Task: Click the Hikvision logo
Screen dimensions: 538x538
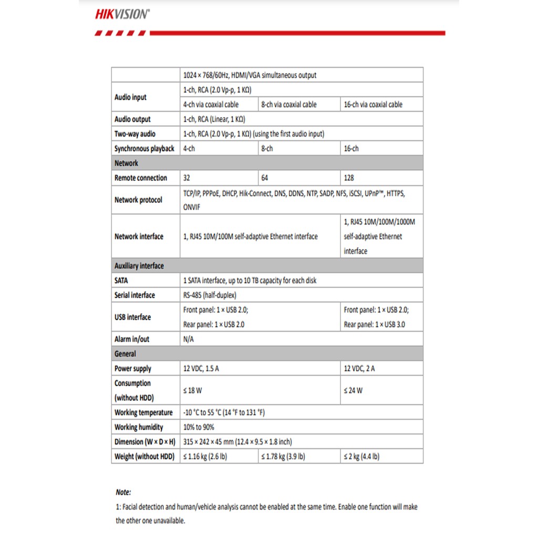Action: click(122, 14)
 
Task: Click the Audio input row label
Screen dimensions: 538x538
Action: click(131, 97)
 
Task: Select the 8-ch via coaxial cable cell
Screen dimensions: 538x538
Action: click(289, 105)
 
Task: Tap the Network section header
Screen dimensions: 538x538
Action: click(127, 163)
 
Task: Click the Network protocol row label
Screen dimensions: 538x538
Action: click(138, 200)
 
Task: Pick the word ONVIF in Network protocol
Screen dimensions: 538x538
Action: click(192, 208)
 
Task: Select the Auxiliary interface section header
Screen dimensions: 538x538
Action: click(139, 266)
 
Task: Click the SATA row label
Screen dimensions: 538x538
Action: click(121, 281)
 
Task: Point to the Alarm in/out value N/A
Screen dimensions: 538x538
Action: click(189, 339)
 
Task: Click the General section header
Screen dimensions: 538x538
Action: click(125, 354)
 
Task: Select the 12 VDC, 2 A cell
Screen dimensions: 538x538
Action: click(359, 369)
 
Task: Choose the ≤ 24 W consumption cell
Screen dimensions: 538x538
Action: click(353, 390)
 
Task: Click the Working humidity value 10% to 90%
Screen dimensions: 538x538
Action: click(199, 427)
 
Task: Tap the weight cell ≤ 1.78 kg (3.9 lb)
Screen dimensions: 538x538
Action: click(283, 457)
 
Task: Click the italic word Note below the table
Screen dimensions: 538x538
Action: click(123, 492)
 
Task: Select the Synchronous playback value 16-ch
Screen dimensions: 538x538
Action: click(351, 149)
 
